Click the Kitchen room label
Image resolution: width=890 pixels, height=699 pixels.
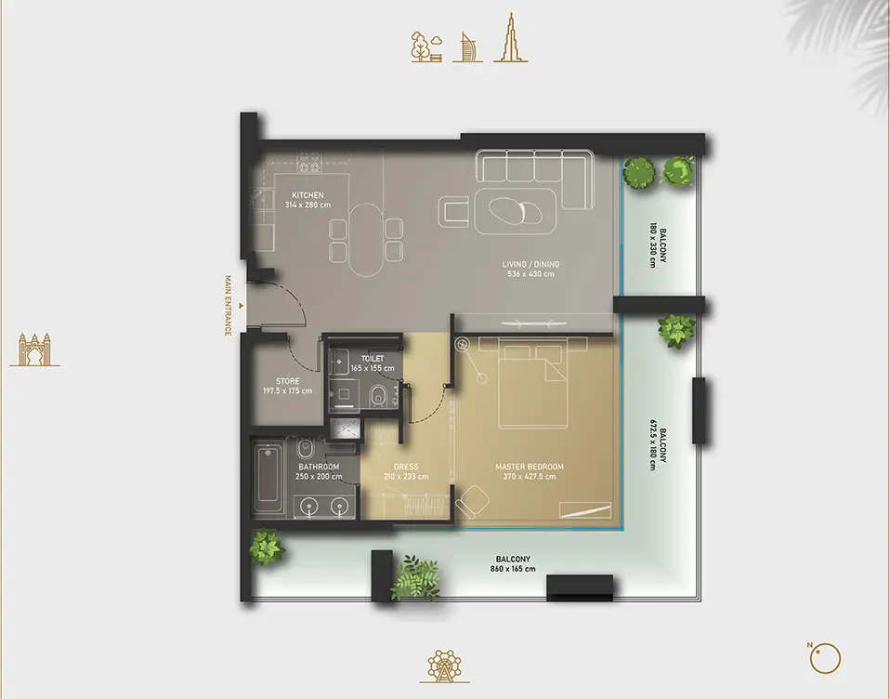pyautogui.click(x=308, y=195)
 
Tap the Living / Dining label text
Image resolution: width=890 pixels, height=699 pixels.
pyautogui.click(x=530, y=264)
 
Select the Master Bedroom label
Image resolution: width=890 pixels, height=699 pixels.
pyautogui.click(x=530, y=467)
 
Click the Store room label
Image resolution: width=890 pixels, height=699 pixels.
pyautogui.click(x=288, y=381)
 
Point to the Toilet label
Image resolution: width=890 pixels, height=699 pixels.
pyautogui.click(x=373, y=359)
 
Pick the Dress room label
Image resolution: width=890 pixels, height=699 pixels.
pyautogui.click(x=406, y=467)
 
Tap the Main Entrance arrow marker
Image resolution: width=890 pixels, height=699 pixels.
pyautogui.click(x=242, y=306)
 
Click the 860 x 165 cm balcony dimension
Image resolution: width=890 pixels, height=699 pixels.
pyautogui.click(x=513, y=568)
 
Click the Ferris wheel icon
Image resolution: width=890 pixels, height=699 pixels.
pyautogui.click(x=444, y=666)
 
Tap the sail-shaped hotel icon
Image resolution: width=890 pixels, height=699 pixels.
pyautogui.click(x=467, y=47)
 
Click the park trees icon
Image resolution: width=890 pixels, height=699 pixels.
pyautogui.click(x=426, y=46)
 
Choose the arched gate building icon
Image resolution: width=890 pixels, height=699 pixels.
pyautogui.click(x=34, y=349)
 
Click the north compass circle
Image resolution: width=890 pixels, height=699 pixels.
pyautogui.click(x=825, y=659)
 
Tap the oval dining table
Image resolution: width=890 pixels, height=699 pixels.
pyautogui.click(x=367, y=240)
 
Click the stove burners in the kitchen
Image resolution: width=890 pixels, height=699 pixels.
pyautogui.click(x=309, y=162)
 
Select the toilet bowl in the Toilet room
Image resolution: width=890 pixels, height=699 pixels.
pyautogui.click(x=378, y=396)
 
